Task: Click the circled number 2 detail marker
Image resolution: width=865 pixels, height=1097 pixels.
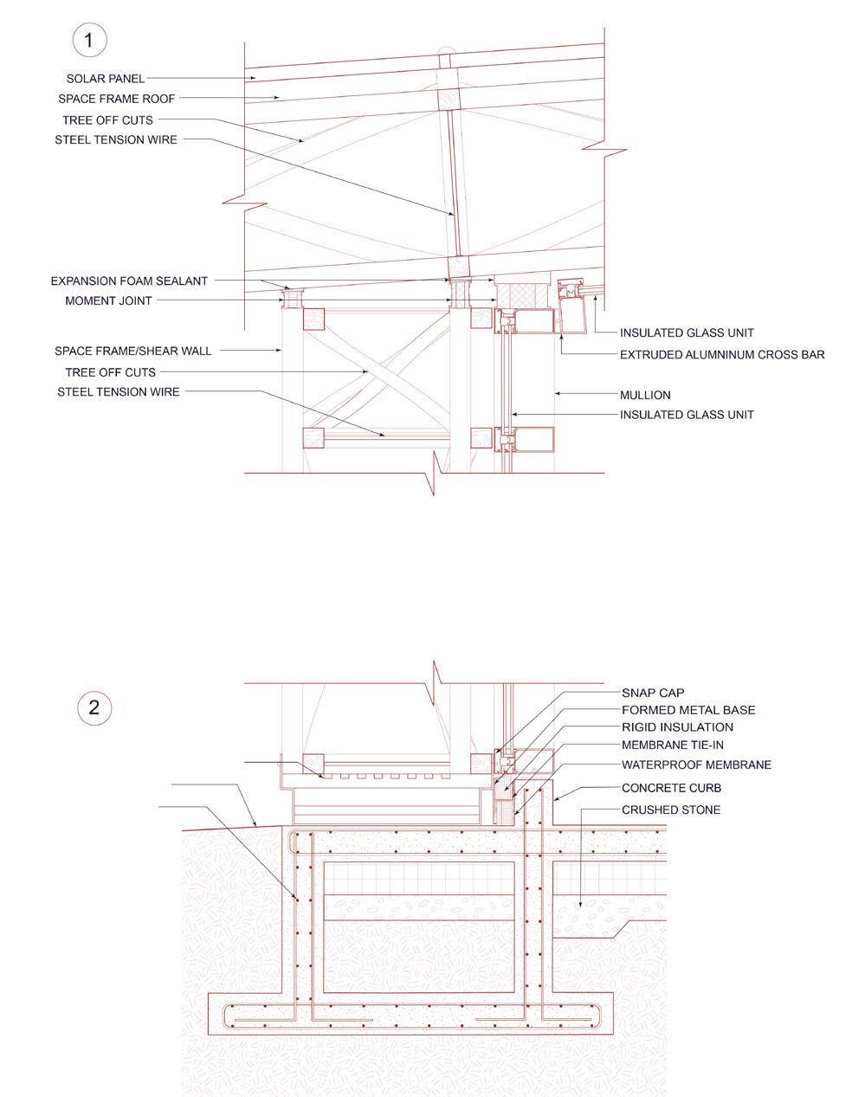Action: [94, 707]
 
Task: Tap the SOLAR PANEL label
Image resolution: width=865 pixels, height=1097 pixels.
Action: [106, 79]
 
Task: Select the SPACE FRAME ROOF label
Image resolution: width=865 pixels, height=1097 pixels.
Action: [117, 100]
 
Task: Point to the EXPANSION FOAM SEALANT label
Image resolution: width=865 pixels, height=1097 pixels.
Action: [129, 281]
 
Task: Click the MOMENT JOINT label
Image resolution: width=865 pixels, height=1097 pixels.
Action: [108, 301]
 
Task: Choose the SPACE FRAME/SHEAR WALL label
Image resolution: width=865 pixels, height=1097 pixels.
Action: [132, 352]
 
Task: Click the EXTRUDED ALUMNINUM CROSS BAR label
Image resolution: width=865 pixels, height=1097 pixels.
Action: [722, 355]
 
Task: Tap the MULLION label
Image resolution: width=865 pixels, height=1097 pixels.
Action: [645, 395]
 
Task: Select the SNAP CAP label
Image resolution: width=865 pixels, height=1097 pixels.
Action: [653, 693]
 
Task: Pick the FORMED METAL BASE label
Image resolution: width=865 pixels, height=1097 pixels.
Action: [688, 710]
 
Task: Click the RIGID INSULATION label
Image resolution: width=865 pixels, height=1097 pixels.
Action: [677, 727]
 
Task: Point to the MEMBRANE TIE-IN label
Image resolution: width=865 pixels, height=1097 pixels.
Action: [673, 745]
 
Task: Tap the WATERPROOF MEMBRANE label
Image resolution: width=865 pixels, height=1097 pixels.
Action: [696, 765]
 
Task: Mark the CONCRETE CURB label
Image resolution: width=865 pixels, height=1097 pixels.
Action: [671, 789]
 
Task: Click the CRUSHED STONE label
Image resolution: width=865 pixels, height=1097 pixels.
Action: [671, 810]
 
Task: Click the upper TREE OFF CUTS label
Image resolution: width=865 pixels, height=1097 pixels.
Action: [108, 120]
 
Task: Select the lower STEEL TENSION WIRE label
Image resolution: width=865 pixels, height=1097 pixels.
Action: [119, 392]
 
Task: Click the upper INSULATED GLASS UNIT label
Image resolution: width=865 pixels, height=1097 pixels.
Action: [687, 333]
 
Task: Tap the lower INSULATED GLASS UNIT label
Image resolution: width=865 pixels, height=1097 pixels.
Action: [687, 415]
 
